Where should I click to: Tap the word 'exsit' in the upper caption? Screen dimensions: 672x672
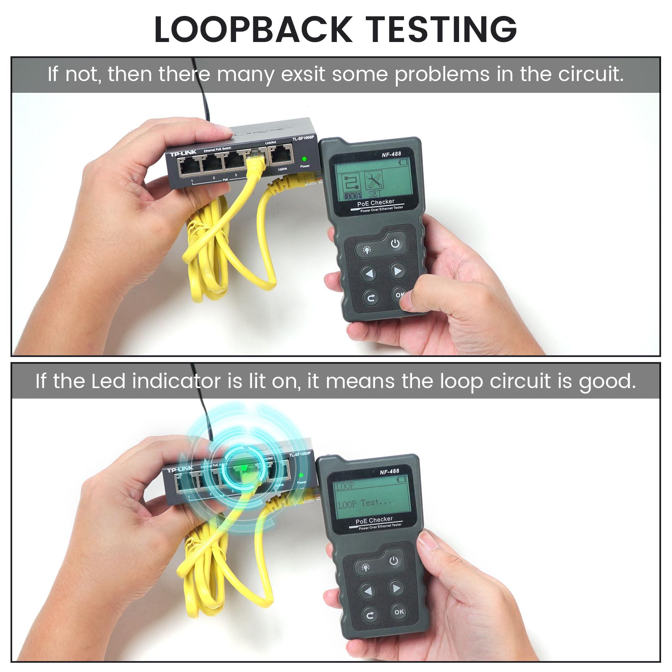pyautogui.click(x=303, y=74)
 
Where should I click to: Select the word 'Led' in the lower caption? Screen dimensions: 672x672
pyautogui.click(x=108, y=381)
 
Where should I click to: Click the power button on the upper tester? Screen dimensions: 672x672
pyautogui.click(x=395, y=244)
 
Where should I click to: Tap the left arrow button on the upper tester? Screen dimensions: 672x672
pyautogui.click(x=369, y=274)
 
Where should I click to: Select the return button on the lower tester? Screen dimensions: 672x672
pyautogui.click(x=370, y=615)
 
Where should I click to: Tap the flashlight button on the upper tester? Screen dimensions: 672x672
pyautogui.click(x=367, y=250)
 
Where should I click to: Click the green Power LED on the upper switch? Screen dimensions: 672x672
pyautogui.click(x=304, y=159)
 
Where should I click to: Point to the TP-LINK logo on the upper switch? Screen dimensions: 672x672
pyautogui.click(x=183, y=153)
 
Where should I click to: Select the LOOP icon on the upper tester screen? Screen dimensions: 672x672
pyautogui.click(x=352, y=187)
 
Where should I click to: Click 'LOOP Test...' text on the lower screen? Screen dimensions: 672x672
pyautogui.click(x=364, y=503)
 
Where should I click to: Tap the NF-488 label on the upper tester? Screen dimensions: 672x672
pyautogui.click(x=391, y=154)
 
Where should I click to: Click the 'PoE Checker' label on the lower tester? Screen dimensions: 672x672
pyautogui.click(x=374, y=520)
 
